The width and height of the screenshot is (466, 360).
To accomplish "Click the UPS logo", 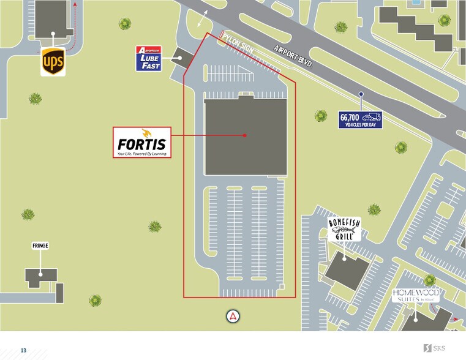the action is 53,61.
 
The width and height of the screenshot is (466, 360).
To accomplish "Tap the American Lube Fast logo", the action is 148,58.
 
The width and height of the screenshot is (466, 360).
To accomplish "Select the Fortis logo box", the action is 141,142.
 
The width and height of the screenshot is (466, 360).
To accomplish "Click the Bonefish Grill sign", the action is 344,230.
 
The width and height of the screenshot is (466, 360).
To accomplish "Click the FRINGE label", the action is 40,246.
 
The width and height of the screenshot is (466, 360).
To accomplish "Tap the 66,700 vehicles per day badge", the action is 361,119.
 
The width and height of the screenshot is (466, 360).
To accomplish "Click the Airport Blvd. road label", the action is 293,57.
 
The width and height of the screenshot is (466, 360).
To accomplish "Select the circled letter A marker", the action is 233,317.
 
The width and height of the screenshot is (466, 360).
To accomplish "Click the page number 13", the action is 23,350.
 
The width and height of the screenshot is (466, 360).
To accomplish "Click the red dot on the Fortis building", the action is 244,135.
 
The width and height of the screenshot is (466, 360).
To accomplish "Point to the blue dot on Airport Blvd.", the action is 361,94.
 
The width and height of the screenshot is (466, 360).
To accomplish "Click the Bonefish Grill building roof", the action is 347,269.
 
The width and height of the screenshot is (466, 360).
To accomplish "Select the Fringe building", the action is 42,277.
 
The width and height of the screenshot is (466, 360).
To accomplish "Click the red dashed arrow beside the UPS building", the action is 73,28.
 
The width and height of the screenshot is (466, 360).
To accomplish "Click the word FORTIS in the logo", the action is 141,143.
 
